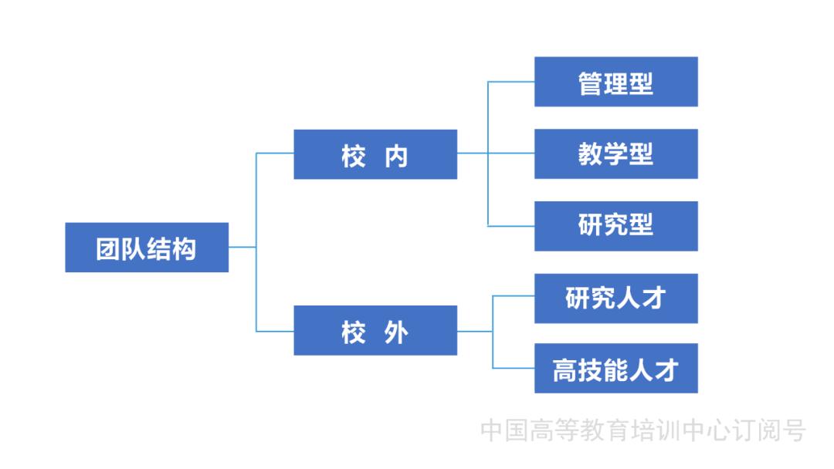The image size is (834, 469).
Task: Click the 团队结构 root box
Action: (147, 248)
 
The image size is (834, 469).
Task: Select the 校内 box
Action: (375, 154)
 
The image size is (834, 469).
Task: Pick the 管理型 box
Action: (615, 82)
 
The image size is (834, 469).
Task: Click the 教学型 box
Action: (615, 154)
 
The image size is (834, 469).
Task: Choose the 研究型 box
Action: (615, 226)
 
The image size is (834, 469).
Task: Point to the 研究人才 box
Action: (615, 299)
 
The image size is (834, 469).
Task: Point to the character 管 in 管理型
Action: (591, 83)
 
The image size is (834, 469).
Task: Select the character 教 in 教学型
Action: (591, 154)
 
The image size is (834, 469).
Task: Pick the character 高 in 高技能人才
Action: (565, 369)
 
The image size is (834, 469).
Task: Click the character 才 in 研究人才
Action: (653, 299)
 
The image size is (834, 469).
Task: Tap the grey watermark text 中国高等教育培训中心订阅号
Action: (642, 430)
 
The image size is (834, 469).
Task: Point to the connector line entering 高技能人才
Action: (514, 368)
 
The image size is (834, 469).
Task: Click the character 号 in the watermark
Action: (792, 430)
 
